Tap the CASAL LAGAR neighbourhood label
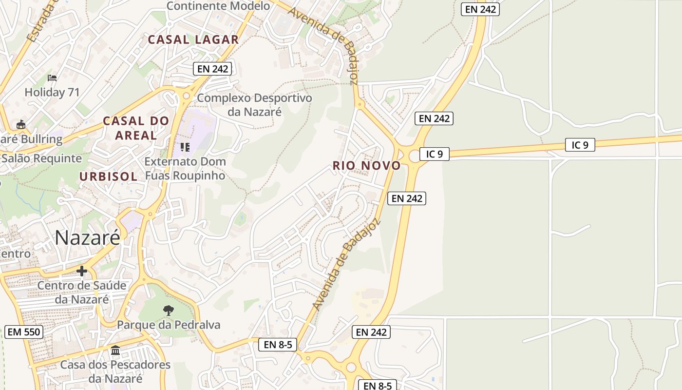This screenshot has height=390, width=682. pyautogui.click(x=193, y=39)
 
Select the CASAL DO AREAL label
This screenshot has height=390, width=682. pyautogui.click(x=136, y=128)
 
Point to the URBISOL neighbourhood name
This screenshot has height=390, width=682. pyautogui.click(x=109, y=176)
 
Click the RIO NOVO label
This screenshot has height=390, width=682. pyautogui.click(x=367, y=166)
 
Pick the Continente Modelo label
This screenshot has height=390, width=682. pyautogui.click(x=218, y=6)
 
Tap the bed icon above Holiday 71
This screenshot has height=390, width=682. pyautogui.click(x=52, y=78)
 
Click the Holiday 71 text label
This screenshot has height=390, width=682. pyautogui.click(x=52, y=92)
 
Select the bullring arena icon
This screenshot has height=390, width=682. pyautogui.click(x=21, y=125)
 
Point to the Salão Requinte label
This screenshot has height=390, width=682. pyautogui.click(x=41, y=158)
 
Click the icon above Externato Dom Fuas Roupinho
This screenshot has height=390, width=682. pyautogui.click(x=185, y=147)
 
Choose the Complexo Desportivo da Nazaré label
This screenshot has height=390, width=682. pyautogui.click(x=254, y=104)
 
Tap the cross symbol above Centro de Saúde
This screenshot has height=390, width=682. pyautogui.click(x=82, y=271)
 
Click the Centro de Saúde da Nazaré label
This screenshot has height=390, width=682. pyautogui.click(x=82, y=292)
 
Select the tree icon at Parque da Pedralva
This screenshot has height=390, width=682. pyautogui.click(x=169, y=310)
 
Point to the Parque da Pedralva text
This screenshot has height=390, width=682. pyautogui.click(x=169, y=325)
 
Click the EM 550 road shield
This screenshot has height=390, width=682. pyautogui.click(x=24, y=332)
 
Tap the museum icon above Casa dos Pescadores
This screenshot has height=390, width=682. pyautogui.click(x=115, y=351)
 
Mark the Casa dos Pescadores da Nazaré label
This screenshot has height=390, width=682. pyautogui.click(x=115, y=371)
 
